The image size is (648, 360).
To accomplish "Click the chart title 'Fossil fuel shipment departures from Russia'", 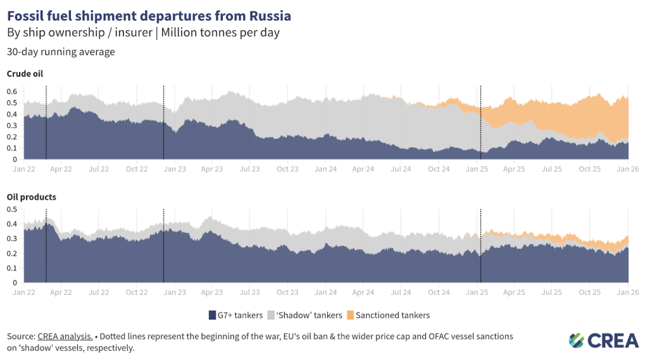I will pyautogui.click(x=149, y=14).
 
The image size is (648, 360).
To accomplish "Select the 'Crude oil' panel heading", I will pyautogui.click(x=25, y=74).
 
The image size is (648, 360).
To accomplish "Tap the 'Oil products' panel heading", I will pyautogui.click(x=31, y=197).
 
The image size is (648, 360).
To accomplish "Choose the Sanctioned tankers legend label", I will pyautogui.click(x=393, y=315).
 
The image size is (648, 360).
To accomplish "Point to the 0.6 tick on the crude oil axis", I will pyautogui.click(x=11, y=91).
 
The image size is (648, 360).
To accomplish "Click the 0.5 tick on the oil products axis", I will pyautogui.click(x=11, y=209).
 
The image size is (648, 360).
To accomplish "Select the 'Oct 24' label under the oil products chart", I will pyautogui.click(x=439, y=292).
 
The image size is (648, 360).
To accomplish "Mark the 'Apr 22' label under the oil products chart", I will pyautogui.click(x=61, y=292).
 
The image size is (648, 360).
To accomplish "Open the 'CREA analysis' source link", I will pyautogui.click(x=65, y=336).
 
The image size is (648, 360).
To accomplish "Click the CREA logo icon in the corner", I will pyautogui.click(x=576, y=340).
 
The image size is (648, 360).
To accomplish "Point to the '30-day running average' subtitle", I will pyautogui.click(x=61, y=52).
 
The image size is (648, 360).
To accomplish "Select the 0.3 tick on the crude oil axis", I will pyautogui.click(x=11, y=125).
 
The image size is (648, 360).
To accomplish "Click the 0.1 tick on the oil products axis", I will pyautogui.click(x=11, y=268).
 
